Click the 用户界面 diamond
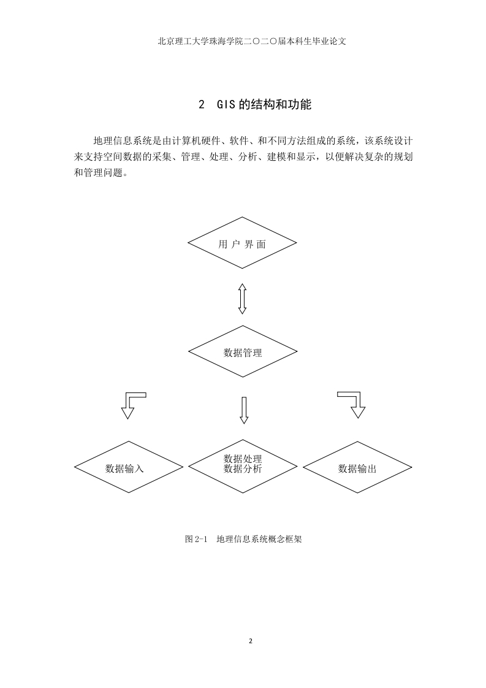(242, 243)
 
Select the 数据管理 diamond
(243, 351)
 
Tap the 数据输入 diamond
(129, 467)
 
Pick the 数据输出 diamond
(357, 467)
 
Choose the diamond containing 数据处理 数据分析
(243, 466)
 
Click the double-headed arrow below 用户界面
(242, 299)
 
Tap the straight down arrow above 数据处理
(245, 410)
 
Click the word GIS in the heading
(226, 105)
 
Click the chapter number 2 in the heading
(202, 105)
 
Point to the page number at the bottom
(251, 641)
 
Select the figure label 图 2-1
(196, 539)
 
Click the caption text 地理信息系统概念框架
(259, 539)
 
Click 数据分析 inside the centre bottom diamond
(243, 469)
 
